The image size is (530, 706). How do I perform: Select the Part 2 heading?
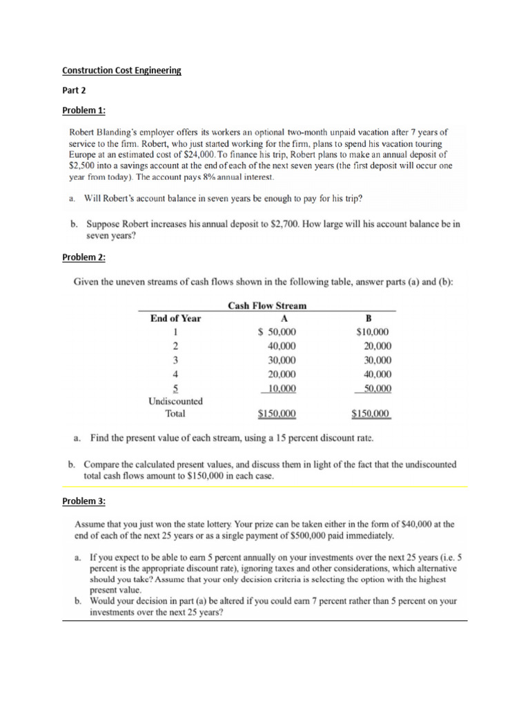coord(74,90)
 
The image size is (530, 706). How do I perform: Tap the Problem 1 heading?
coord(84,110)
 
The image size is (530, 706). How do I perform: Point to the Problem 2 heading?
coord(84,257)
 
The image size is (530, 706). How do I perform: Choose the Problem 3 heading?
coord(84,500)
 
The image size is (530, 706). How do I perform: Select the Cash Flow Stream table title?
coord(267,305)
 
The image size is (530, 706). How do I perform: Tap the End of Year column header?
coord(175,318)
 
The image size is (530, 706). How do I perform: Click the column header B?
coord(367,318)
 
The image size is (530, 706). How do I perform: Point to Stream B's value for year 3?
coord(373,360)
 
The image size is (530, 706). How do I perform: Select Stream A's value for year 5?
coord(282,388)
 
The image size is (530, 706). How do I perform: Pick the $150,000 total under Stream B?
coord(371,414)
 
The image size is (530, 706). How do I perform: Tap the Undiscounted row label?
coord(175,401)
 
